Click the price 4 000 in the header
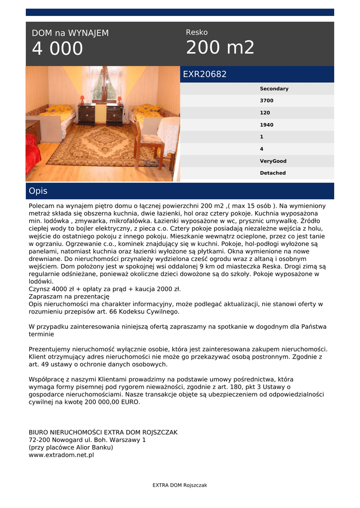point(58,49)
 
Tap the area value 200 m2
point(220,48)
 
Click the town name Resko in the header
point(197,32)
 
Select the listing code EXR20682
point(205,74)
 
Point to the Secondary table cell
point(274,89)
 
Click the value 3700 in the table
point(267,101)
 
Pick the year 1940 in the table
point(267,125)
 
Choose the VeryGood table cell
point(273,161)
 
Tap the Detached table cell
point(273,173)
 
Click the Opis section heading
point(38,191)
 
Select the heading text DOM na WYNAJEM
point(70,33)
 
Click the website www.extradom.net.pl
point(61,455)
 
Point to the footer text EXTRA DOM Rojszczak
point(180,485)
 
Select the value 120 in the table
point(265,113)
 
